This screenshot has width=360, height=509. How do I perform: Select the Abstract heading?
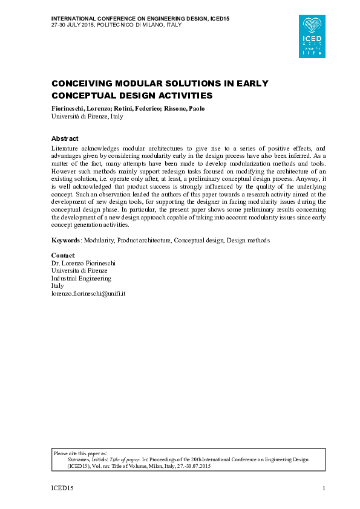click(x=65, y=138)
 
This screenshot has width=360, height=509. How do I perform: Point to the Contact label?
click(x=63, y=256)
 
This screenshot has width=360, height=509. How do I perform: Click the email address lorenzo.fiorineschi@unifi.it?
click(x=88, y=293)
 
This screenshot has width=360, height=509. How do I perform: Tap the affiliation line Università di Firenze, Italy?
click(x=87, y=116)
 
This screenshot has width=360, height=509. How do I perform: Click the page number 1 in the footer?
click(x=324, y=488)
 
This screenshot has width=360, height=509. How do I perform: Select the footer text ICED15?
click(x=61, y=488)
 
